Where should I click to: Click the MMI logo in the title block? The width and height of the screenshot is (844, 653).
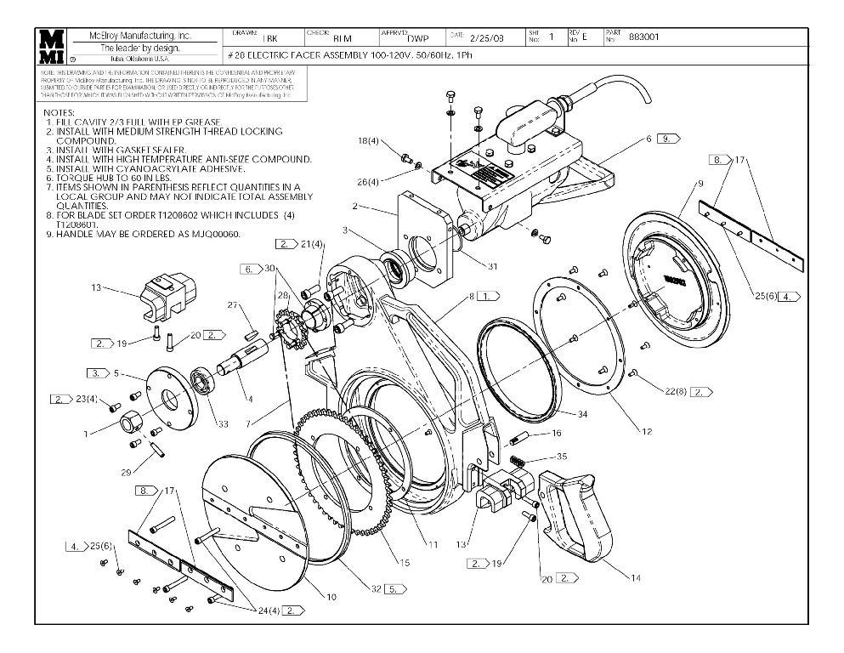52,47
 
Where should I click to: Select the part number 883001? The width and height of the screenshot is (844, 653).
643,37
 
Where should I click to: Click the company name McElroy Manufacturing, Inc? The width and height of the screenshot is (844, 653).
140,37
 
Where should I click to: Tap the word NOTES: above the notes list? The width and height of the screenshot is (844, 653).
59,113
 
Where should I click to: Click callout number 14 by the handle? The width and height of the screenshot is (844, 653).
635,577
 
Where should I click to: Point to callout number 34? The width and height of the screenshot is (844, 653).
582,414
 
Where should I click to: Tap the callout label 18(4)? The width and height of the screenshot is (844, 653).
368,141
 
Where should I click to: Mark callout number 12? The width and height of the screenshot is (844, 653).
647,432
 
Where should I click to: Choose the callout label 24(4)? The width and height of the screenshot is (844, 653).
268,610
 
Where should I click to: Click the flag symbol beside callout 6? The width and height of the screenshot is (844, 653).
668,138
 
